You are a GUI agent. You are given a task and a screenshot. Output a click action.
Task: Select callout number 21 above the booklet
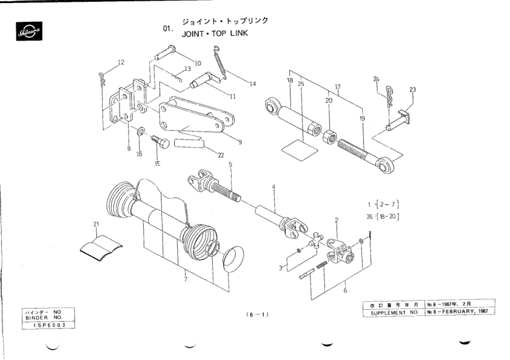pos(95,224)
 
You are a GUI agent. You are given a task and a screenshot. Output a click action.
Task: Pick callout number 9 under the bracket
pos(240,142)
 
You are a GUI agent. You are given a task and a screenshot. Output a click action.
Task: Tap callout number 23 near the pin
pos(412,90)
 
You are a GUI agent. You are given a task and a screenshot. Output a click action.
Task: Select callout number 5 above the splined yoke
pos(230,164)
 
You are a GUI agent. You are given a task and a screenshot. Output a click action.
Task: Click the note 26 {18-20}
pos(384,216)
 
